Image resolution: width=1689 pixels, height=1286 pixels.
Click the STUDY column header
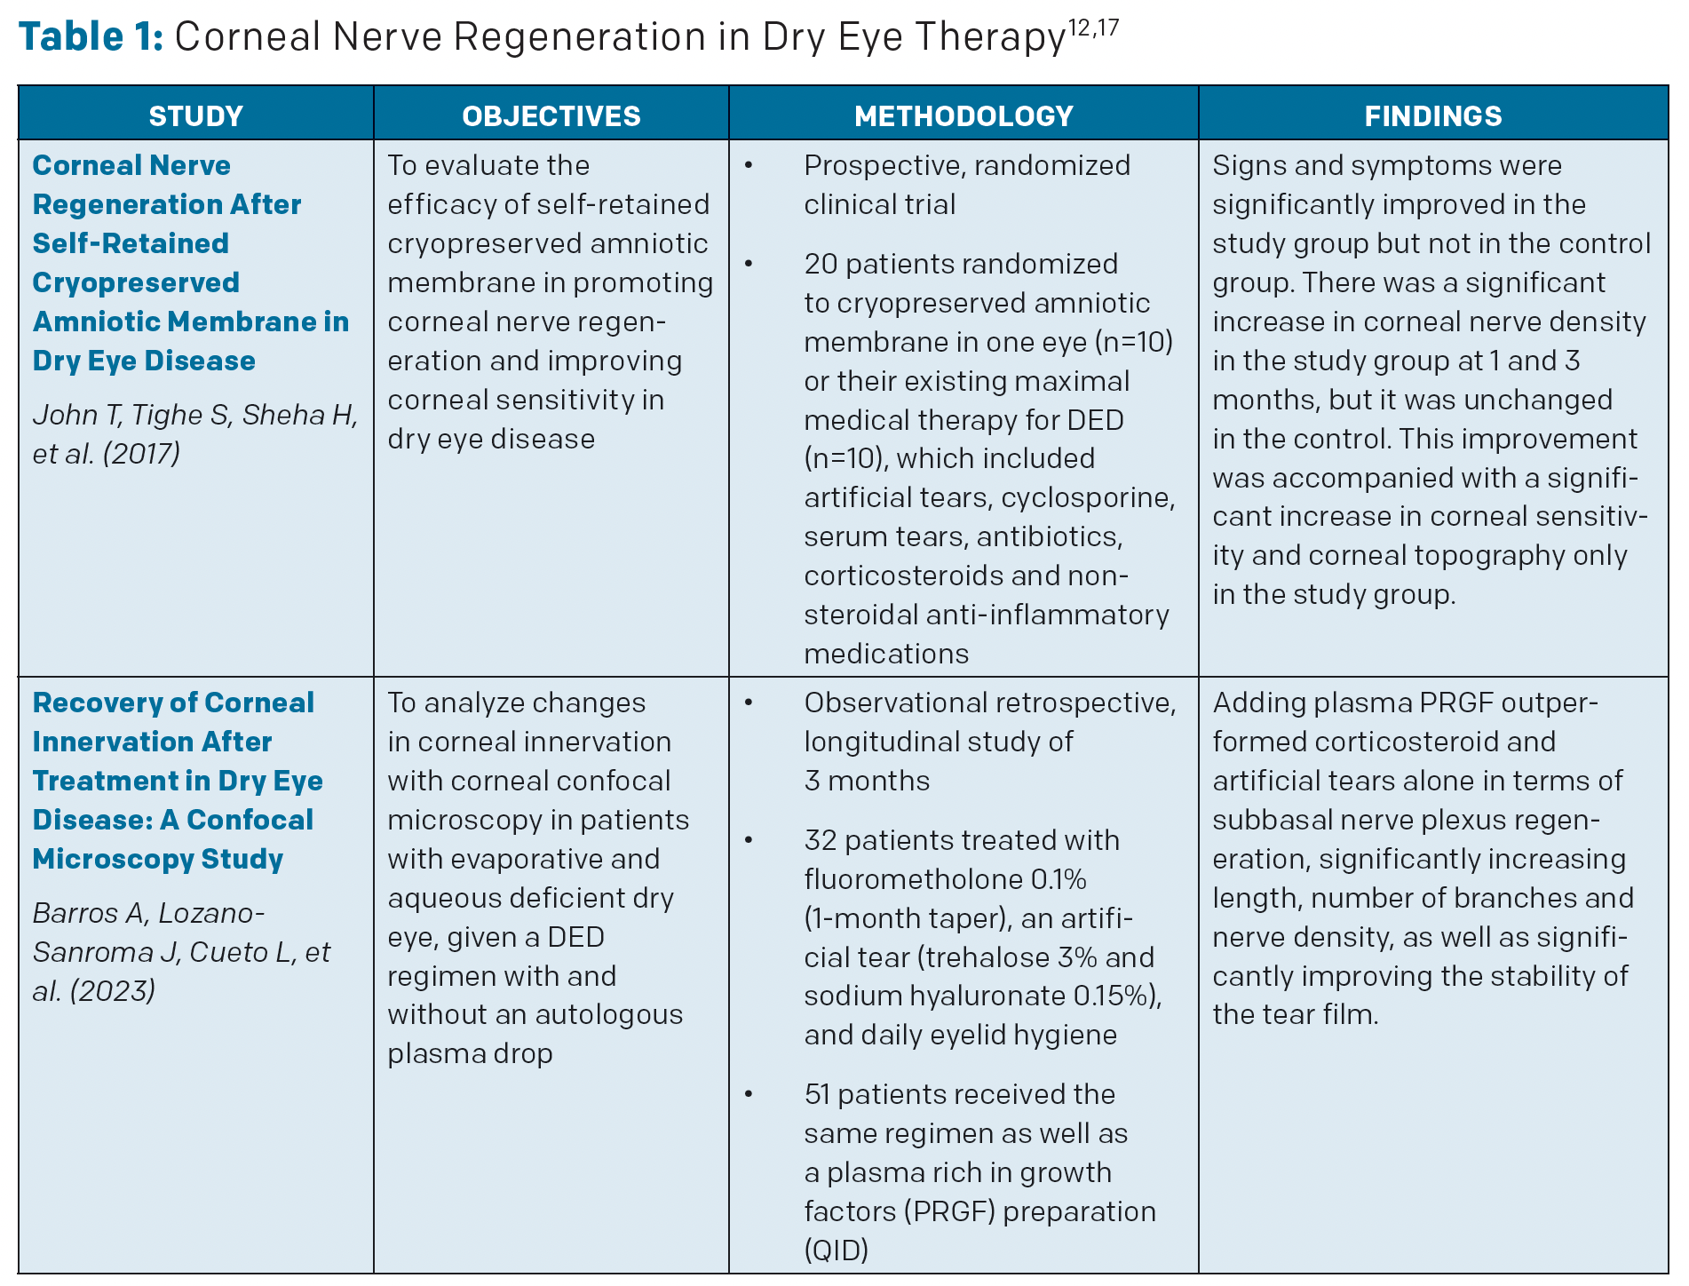click(195, 116)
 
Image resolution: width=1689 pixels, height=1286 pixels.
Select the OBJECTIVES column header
click(551, 116)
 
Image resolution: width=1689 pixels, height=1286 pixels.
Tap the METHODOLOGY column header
click(963, 116)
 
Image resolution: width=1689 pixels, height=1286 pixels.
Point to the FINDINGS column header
click(1433, 116)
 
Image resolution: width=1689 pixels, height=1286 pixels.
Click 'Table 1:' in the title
click(91, 37)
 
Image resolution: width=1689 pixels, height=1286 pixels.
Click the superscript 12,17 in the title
click(1093, 28)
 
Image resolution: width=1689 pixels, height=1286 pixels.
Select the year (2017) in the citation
click(142, 453)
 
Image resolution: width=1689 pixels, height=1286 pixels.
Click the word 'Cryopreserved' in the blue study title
click(136, 282)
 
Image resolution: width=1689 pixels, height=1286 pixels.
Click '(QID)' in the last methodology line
click(837, 1250)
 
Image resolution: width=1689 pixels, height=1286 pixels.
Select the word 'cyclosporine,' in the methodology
click(1088, 497)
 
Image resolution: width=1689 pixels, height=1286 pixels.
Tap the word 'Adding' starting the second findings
click(1258, 703)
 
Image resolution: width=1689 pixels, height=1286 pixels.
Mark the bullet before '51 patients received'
click(749, 1094)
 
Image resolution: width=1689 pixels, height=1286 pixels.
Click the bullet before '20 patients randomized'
click(749, 264)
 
